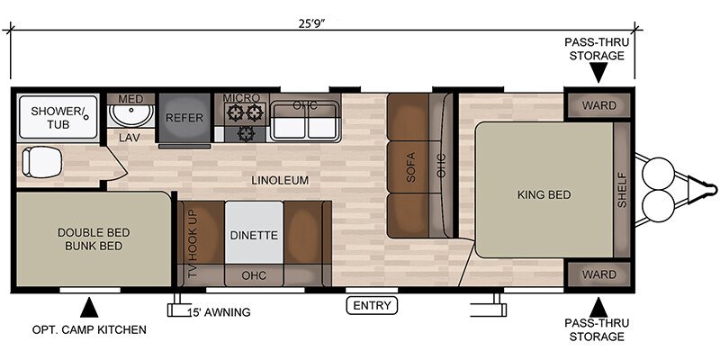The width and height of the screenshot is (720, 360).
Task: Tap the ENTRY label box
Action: pos(372,305)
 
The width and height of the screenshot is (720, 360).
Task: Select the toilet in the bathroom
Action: pos(41,162)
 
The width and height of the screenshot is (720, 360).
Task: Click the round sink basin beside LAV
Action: pos(131,115)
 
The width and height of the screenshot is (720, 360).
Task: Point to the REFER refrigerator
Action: pos(184,118)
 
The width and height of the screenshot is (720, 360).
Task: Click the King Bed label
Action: pos(544,194)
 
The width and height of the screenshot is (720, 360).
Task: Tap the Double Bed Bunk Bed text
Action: pos(94,239)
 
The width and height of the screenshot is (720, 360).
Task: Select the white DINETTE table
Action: pos(254,232)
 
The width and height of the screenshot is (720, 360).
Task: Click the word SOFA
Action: pos(410,167)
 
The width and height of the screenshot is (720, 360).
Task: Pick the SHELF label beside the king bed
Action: pos(622,190)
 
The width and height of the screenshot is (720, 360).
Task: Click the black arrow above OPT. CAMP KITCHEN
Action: pos(89,308)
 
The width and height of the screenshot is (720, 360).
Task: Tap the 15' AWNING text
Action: pos(220,312)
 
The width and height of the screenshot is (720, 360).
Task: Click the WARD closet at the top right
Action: pos(599,105)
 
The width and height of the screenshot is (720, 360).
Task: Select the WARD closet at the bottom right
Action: pos(599,274)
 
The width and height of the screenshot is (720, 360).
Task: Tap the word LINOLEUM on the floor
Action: pos(280,181)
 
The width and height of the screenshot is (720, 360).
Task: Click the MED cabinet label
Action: pos(130,99)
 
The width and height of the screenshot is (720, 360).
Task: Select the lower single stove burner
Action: pos(247,133)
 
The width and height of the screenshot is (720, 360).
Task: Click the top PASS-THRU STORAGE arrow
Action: pos(598,73)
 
